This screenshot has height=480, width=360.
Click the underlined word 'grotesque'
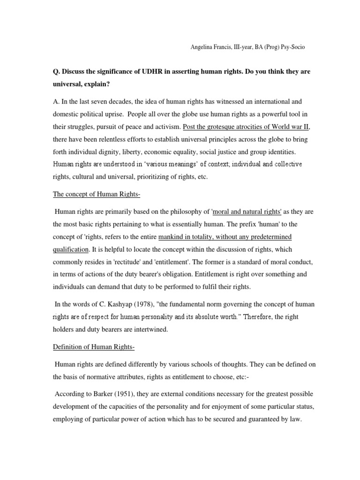[223, 127]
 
